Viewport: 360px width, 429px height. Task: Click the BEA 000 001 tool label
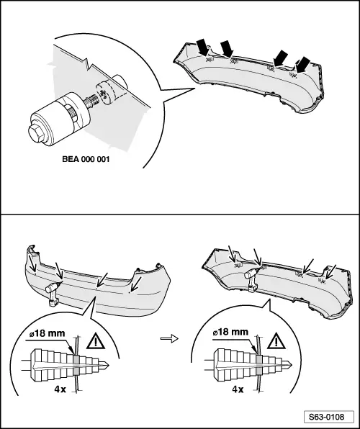[86, 159]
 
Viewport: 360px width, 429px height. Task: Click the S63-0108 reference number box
[329, 417]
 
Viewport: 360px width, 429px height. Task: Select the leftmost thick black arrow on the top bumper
[203, 47]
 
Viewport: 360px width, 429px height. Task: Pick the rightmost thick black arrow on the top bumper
[303, 65]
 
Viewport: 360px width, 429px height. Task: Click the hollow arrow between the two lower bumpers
[169, 339]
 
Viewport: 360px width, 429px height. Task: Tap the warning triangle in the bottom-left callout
[96, 341]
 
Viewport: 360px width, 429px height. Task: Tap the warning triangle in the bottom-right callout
[276, 340]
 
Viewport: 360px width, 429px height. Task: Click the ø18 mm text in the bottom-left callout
[47, 333]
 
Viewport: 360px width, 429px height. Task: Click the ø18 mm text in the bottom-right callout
[230, 332]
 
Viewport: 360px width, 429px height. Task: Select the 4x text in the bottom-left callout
[60, 389]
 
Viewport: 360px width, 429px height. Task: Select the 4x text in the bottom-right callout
[238, 389]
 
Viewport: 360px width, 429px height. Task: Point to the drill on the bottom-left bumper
[53, 293]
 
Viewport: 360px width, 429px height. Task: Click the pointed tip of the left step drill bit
[109, 365]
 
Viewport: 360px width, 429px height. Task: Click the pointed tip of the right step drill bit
[292, 364]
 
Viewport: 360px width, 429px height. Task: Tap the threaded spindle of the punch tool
[91, 100]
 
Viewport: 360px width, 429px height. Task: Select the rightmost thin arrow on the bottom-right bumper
[330, 272]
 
